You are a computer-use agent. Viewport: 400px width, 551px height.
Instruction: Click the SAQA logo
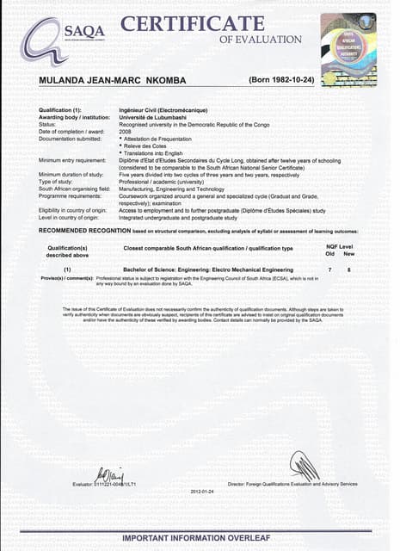point(53,40)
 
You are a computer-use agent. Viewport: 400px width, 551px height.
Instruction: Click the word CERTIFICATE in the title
point(193,23)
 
